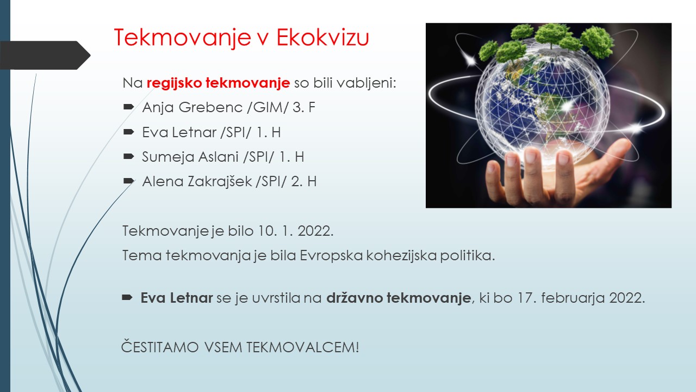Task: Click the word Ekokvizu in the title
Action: coord(322,38)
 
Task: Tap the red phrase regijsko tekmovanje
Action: coord(218,83)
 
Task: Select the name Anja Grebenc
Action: coord(192,108)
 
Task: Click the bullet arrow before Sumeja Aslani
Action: coord(129,156)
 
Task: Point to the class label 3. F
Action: coord(303,107)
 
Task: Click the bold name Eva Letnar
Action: coord(177,298)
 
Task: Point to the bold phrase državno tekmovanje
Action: coord(399,298)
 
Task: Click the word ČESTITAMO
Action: coord(160,347)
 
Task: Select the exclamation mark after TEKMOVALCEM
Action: coord(357,347)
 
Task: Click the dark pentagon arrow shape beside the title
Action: coord(45,56)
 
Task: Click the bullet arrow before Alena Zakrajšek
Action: coord(129,181)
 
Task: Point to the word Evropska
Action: coord(331,256)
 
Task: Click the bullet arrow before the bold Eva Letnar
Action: coord(127,298)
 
